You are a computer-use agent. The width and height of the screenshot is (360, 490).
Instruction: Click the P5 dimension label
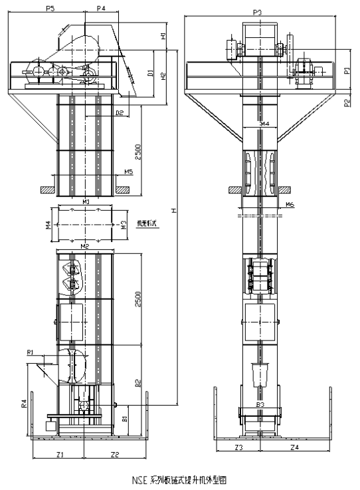tap(50, 8)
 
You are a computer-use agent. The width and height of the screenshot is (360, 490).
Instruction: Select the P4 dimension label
tap(101, 8)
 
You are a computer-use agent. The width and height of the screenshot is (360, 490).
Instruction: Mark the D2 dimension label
tap(120, 113)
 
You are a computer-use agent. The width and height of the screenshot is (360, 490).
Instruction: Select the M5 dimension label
tap(129, 172)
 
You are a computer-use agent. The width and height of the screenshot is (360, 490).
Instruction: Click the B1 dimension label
tap(125, 419)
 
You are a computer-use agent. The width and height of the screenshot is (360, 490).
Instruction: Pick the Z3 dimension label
tap(238, 448)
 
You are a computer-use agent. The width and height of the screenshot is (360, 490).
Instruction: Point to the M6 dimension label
tap(290, 205)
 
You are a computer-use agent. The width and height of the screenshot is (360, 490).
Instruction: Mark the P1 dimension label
tap(346, 70)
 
